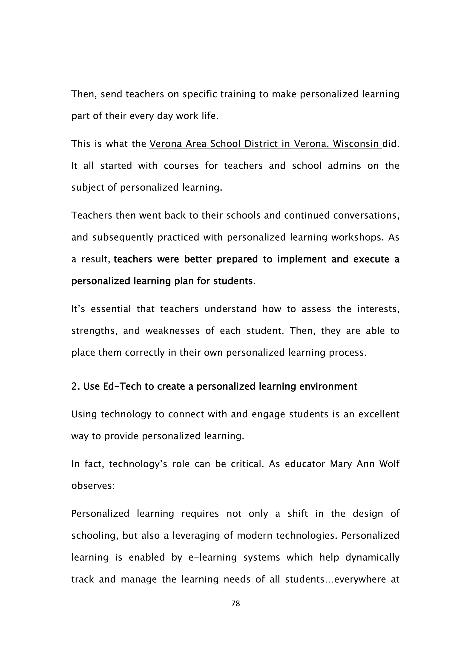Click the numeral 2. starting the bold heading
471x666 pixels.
(76, 386)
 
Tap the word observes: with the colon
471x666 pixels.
(93, 485)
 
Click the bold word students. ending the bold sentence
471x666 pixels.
(234, 281)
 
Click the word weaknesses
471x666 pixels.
(172, 331)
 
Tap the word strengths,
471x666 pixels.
(94, 331)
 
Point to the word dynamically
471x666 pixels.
(372, 557)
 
